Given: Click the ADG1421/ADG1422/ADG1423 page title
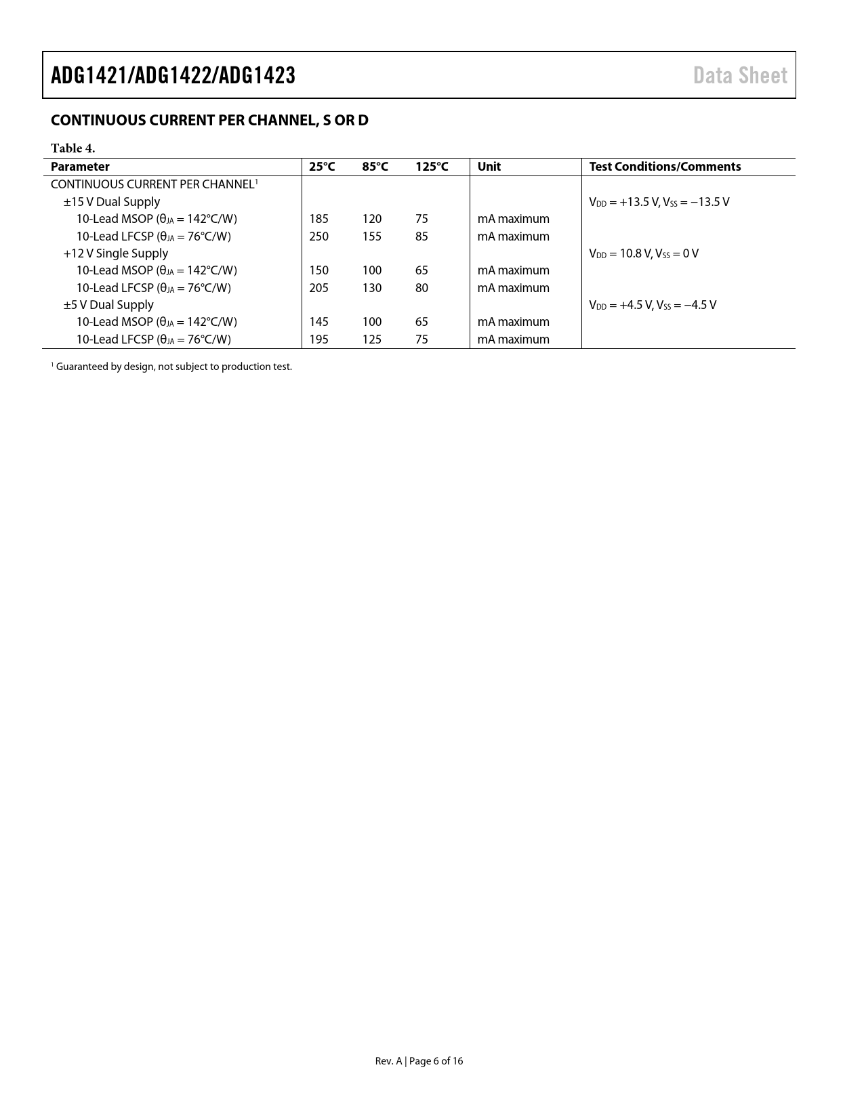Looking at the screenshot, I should tap(173, 75).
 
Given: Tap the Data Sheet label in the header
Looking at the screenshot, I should tap(740, 75).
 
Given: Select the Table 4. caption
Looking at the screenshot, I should tap(73, 148).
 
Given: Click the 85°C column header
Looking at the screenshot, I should tap(375, 167).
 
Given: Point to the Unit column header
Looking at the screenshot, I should tap(489, 167).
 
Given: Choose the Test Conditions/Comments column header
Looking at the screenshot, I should tap(665, 167).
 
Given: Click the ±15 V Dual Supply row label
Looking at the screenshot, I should tap(112, 202).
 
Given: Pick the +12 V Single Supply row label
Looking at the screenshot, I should tap(116, 253).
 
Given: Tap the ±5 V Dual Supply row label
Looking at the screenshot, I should tap(108, 305).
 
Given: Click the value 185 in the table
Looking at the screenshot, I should tap(318, 219).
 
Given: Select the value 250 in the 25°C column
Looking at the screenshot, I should tap(318, 236).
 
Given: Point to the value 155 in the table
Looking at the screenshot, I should tap(371, 236).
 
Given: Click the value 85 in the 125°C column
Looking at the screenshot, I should tap(421, 236).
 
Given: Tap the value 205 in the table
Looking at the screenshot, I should tap(318, 288).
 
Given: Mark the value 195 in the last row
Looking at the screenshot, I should tap(318, 339).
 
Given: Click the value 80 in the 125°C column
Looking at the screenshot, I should tap(421, 288).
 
